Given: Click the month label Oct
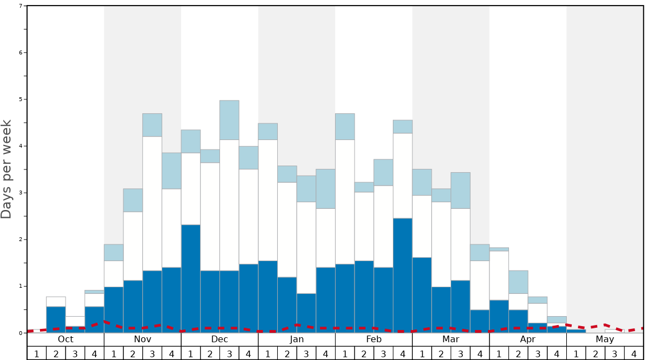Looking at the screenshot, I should pos(66,339).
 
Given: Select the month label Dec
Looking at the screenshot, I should pos(219,339).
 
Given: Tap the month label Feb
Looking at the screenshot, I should pos(374,339).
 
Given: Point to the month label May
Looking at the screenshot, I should pos(605,339).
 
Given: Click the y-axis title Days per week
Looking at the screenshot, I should pos(7,169).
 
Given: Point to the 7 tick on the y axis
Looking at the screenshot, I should pos(21,6).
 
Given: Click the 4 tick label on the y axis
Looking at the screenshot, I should pos(21,146).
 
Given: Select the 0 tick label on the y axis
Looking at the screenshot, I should pos(21,333).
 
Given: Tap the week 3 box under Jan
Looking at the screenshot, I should pos(306,353).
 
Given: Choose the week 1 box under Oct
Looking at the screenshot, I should pos(37,353).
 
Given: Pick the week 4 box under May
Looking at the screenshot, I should pos(634,353).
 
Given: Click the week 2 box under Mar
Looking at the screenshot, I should pos(441,353).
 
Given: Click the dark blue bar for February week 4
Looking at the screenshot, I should pos(403,276).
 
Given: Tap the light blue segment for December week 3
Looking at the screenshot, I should pos(229,120).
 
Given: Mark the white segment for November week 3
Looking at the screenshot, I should pos(152,203).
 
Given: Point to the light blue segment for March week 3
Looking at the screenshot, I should pos(461,191).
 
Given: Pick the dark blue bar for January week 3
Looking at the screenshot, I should pos(306,313).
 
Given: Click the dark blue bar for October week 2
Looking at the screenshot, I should pos(56,320).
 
